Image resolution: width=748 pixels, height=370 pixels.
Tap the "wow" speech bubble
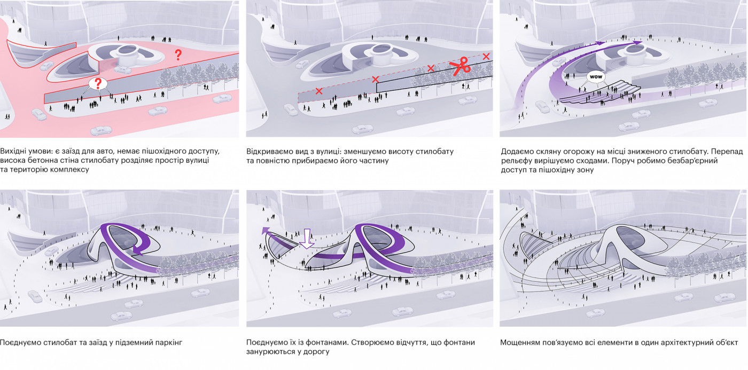595,77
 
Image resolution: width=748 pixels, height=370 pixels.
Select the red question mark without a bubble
178,54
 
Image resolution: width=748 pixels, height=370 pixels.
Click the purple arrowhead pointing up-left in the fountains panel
266,231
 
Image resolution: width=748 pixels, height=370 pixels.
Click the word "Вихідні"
15,151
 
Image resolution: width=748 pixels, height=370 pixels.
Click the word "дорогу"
317,352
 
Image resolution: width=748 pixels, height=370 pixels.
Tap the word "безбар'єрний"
694,160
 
